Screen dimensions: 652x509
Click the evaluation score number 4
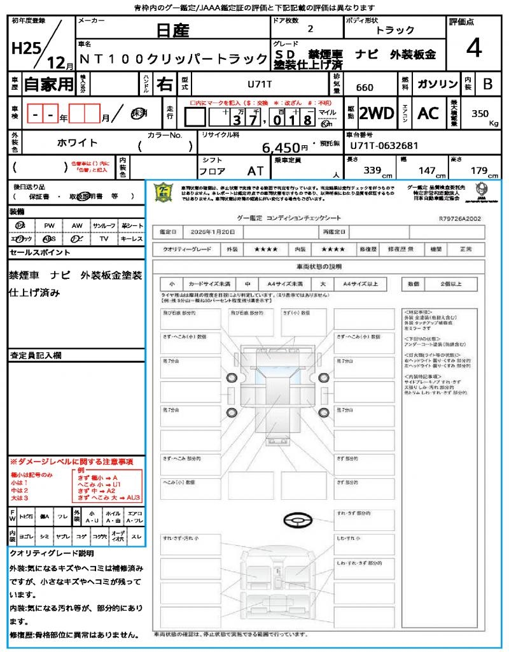coord(473,48)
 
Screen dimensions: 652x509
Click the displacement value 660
coord(365,87)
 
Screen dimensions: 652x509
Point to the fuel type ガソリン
coord(436,84)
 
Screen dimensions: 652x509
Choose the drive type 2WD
coord(377,114)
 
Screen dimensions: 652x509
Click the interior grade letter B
coord(487,84)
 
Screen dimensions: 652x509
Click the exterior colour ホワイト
coord(78,143)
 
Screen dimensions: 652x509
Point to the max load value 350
coord(480,113)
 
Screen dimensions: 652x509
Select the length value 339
coord(372,171)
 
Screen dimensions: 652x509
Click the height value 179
coord(478,171)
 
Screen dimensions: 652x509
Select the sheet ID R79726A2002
coord(459,218)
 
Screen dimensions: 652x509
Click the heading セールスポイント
coord(40,253)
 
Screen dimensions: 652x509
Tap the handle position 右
coord(164,83)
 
